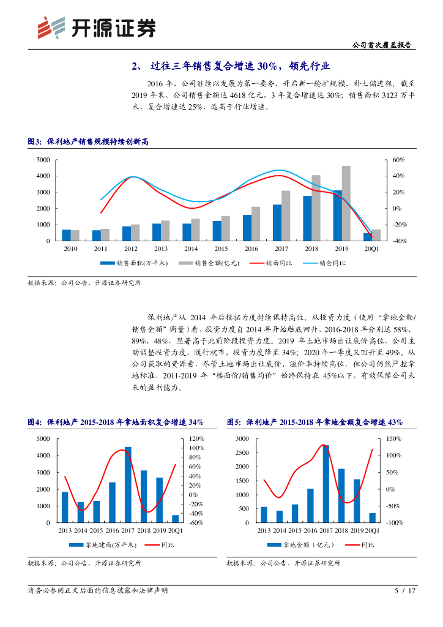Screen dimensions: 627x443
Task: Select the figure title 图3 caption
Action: [x=88, y=142]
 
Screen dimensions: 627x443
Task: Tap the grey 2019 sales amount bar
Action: [x=346, y=203]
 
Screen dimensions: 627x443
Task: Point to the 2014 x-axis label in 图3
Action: [x=191, y=249]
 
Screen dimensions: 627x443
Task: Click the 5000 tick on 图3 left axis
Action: [x=42, y=160]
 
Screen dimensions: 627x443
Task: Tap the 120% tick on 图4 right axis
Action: [x=196, y=439]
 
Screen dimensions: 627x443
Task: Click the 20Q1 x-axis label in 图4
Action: [x=175, y=530]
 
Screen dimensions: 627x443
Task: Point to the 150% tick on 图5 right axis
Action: [x=393, y=439]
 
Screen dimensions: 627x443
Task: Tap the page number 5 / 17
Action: [x=406, y=591]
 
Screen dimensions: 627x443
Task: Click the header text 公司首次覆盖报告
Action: [x=382, y=45]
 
